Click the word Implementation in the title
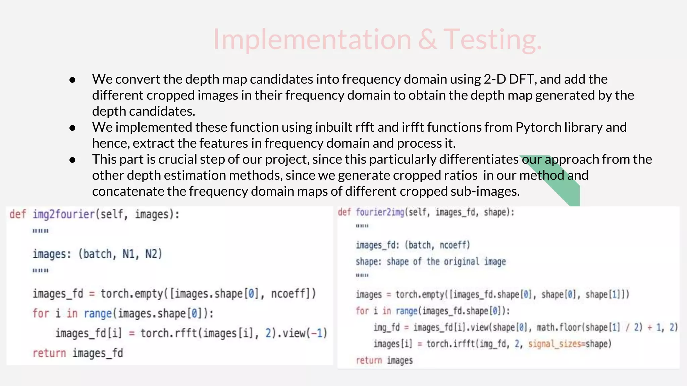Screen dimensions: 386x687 [312, 40]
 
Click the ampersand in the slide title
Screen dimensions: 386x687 [427, 40]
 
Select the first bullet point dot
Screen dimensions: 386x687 [72, 80]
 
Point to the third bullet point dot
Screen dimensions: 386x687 [72, 160]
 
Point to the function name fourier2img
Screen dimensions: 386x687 [380, 212]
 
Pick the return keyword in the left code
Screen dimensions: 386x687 [49, 353]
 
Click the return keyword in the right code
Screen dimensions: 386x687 [369, 361]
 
